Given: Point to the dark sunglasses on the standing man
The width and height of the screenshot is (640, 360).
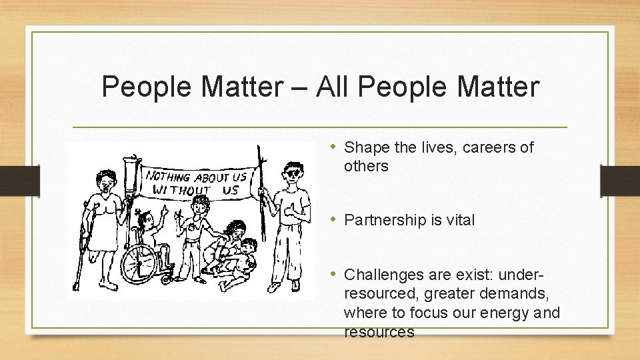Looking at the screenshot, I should (x=291, y=174).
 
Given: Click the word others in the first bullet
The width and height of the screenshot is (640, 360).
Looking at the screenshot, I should (x=366, y=166).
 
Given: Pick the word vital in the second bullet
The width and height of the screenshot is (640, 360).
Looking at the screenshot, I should (x=459, y=220).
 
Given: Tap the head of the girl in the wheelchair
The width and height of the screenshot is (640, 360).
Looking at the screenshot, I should (x=144, y=218).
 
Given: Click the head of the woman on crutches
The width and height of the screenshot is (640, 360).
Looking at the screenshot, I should (x=105, y=180).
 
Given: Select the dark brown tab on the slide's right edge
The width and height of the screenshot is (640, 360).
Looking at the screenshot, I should (x=619, y=181).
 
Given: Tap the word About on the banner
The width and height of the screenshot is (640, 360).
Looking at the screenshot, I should (x=213, y=177).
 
